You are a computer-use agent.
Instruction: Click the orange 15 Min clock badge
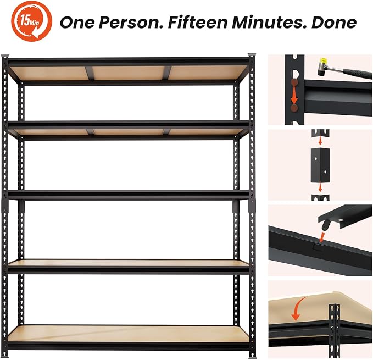[x=31, y=21]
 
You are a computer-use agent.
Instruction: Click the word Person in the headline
[x=129, y=22]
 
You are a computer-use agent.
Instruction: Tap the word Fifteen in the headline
[x=197, y=22]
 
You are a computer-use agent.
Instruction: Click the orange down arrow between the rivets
[x=294, y=95]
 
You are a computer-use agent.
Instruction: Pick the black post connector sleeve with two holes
[x=320, y=165]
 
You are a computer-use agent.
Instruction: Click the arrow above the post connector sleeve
[x=320, y=141]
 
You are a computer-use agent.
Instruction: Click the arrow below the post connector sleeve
[x=320, y=188]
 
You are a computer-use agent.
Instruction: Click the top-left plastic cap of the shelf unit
[x=5, y=56]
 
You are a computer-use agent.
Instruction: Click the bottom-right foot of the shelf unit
[x=252, y=357]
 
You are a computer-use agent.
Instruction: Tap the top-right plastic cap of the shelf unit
[x=252, y=54]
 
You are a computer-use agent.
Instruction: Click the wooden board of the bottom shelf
[x=129, y=334]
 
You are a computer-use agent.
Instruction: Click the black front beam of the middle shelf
[x=129, y=195]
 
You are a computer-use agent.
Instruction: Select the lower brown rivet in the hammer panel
[x=294, y=108]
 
